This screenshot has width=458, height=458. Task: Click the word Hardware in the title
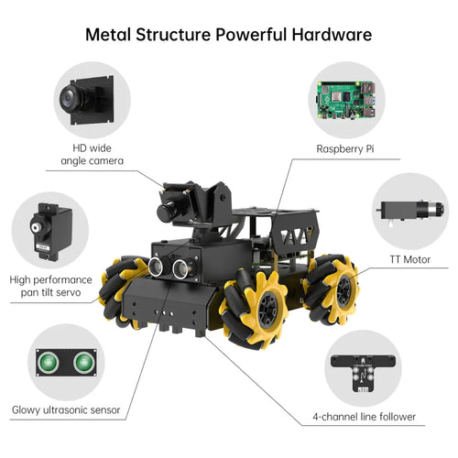[332, 35]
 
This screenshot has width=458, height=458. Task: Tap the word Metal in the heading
[108, 35]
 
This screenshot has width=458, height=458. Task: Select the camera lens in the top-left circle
[71, 97]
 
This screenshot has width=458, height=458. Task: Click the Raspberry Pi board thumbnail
[346, 100]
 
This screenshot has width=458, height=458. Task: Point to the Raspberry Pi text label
[345, 149]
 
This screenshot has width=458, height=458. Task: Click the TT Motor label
[409, 259]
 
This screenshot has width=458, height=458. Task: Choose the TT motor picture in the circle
[409, 212]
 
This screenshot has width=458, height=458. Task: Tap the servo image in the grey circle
[50, 232]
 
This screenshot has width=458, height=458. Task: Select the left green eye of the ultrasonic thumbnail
[48, 363]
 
